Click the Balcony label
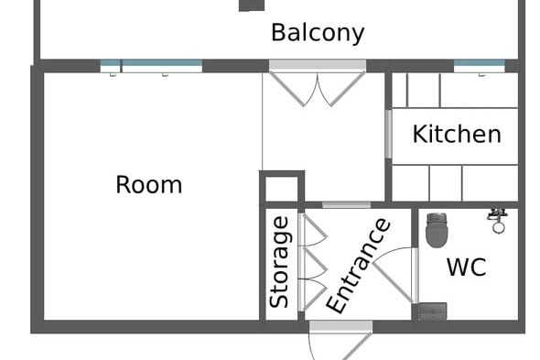[x=318, y=33]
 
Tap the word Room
[x=149, y=185]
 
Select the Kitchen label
[x=457, y=134]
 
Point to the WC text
[x=467, y=267]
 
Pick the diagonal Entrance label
[x=358, y=266]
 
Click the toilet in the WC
[x=437, y=230]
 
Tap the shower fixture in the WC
[x=497, y=221]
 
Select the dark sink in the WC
[x=433, y=311]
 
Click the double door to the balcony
[x=318, y=82]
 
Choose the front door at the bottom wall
[x=341, y=340]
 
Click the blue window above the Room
[x=151, y=66]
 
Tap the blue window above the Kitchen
[x=480, y=66]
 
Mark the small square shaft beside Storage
[x=282, y=187]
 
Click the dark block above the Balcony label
[x=252, y=5]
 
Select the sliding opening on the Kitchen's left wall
[x=388, y=134]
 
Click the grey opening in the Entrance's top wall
[x=347, y=205]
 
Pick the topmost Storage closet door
[x=313, y=230]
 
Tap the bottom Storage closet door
[x=313, y=295]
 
